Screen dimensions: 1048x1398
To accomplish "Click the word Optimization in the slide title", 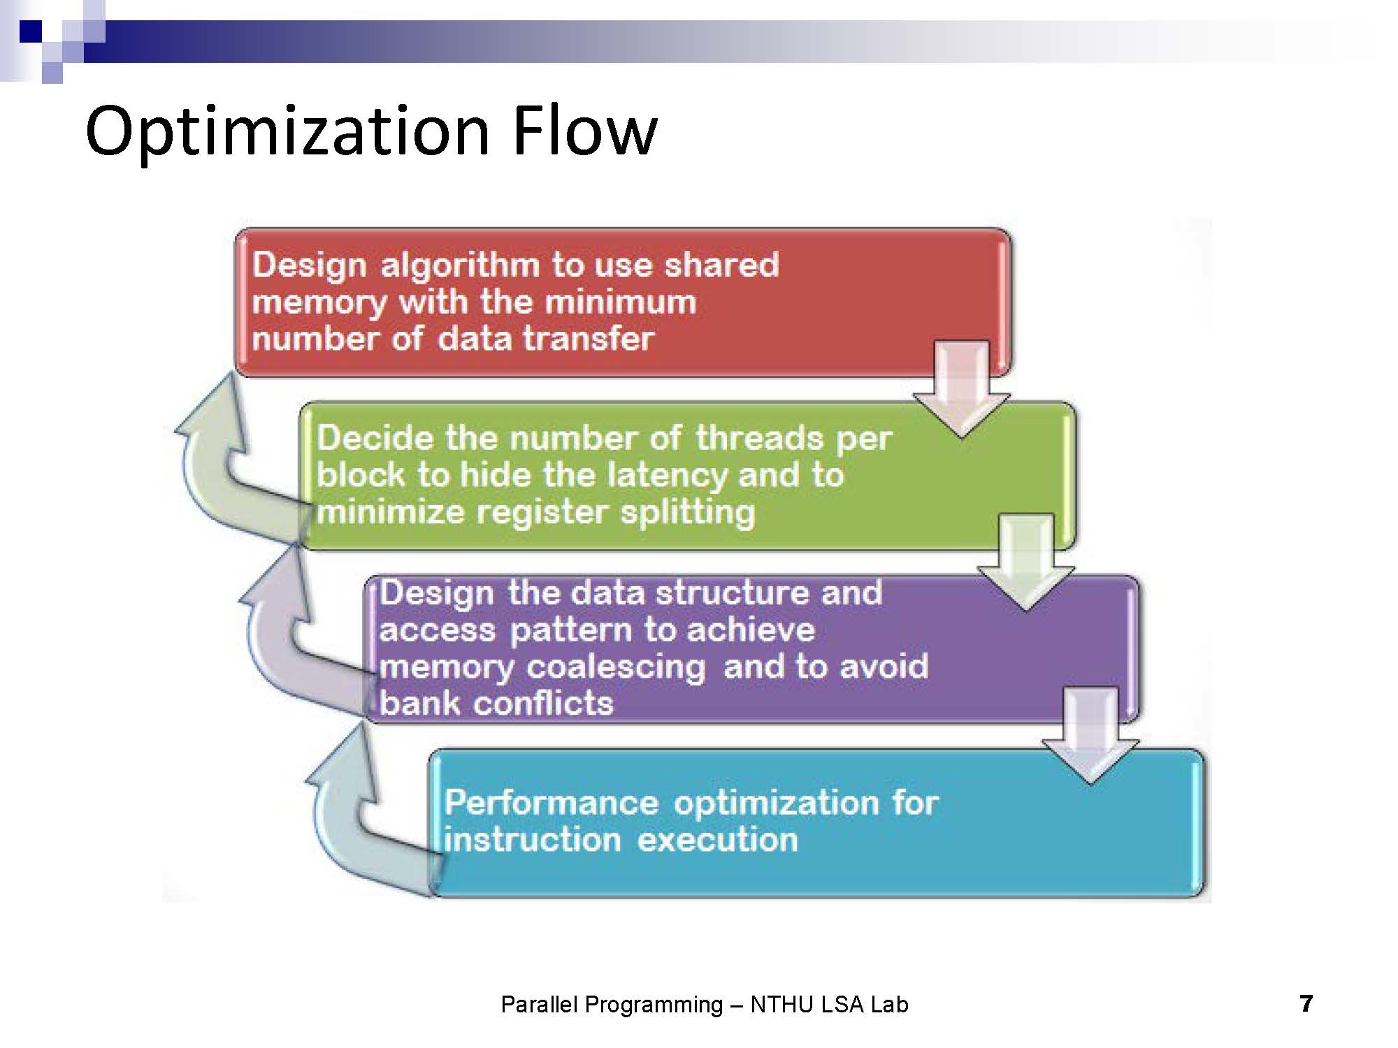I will (x=287, y=131).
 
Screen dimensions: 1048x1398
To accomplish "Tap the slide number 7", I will (x=1306, y=1003).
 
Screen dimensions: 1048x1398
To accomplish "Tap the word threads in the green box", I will (x=759, y=438).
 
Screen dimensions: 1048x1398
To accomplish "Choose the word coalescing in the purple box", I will (x=616, y=667).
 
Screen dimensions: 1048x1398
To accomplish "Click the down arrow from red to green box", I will (x=962, y=388).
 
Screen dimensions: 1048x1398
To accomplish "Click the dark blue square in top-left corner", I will (x=30, y=31).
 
